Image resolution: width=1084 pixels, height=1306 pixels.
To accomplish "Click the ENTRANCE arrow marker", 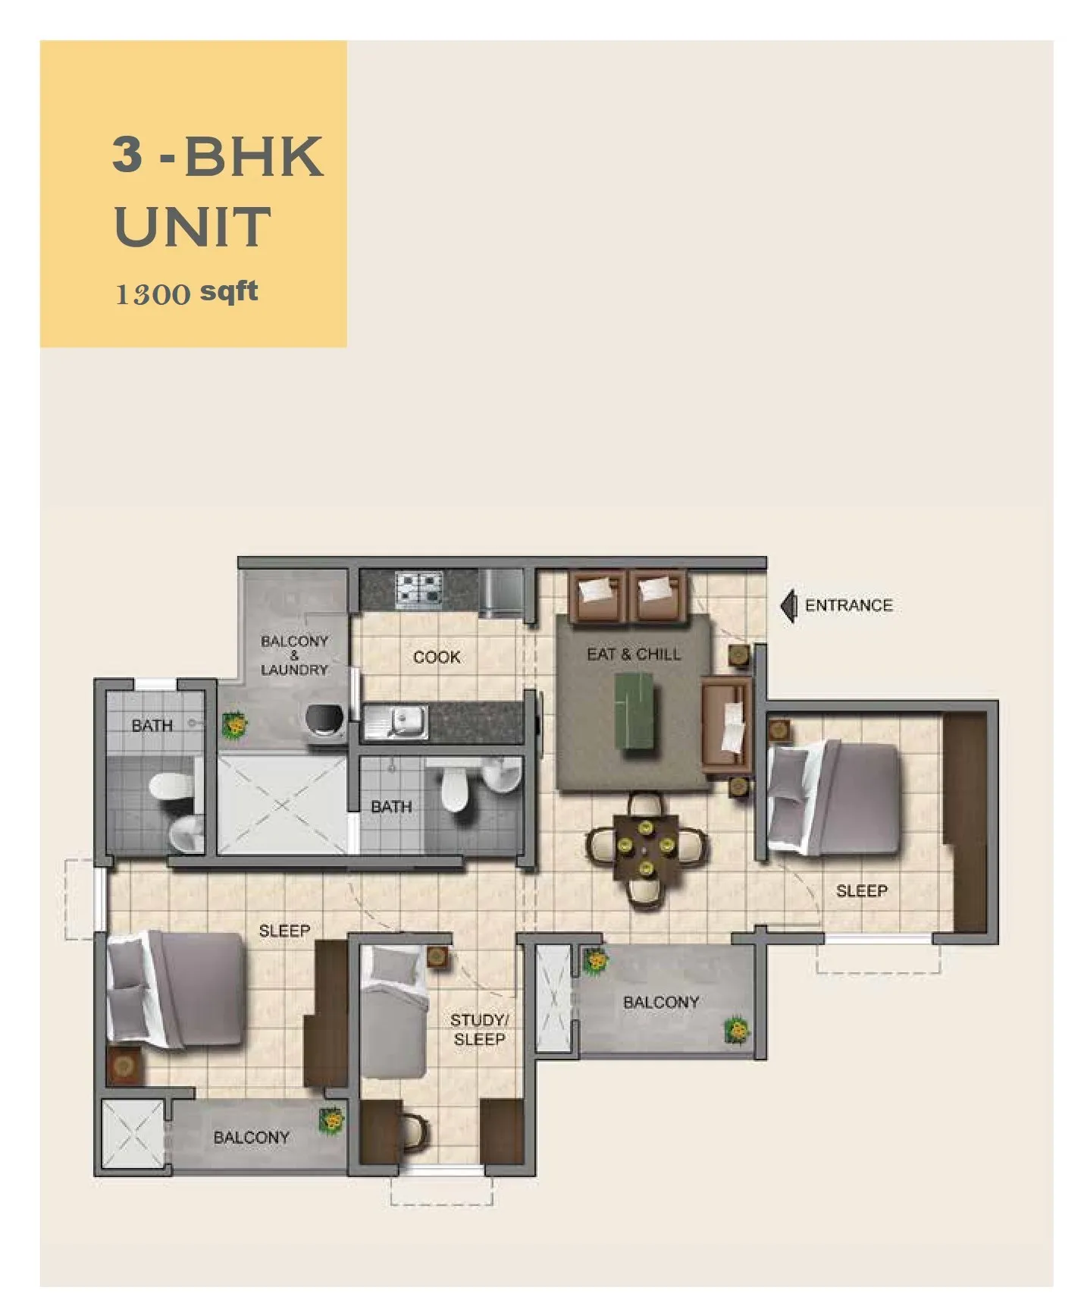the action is click(789, 606).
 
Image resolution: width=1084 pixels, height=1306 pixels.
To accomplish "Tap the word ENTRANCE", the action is click(849, 605).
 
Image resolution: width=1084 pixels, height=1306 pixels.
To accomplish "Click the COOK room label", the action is click(437, 657).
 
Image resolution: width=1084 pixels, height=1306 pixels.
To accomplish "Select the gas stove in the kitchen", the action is click(419, 590).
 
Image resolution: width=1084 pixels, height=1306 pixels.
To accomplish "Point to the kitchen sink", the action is click(396, 721).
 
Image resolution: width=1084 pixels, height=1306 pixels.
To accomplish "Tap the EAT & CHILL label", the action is click(634, 654).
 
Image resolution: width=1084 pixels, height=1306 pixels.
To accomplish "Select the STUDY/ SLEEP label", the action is click(479, 1029).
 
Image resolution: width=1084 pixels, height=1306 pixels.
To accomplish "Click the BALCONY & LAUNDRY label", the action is click(294, 655).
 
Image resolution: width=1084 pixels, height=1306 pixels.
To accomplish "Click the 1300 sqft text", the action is click(186, 293).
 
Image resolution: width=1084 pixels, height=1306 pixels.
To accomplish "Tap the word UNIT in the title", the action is click(193, 226).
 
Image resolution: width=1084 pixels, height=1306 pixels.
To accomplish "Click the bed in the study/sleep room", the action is click(393, 1011).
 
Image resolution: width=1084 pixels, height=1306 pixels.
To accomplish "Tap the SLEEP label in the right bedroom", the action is click(862, 890).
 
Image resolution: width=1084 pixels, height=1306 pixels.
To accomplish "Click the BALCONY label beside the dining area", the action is click(661, 1002).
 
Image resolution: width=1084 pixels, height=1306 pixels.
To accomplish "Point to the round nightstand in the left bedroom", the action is click(124, 1066).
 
